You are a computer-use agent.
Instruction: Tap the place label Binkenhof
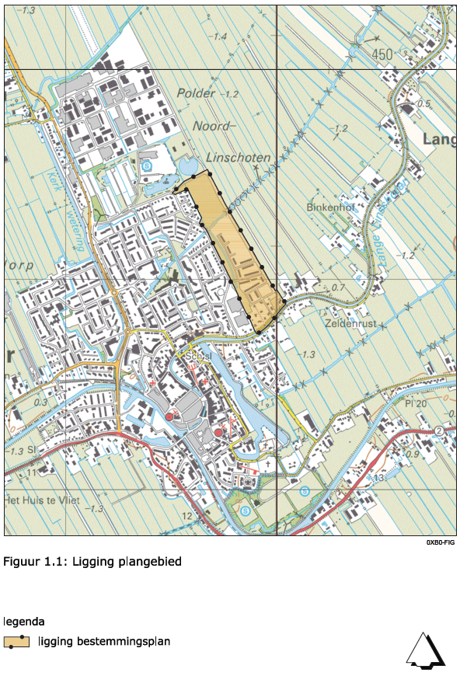[x=330, y=207]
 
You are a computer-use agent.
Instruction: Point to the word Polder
[x=195, y=93]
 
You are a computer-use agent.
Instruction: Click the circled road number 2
[x=439, y=430]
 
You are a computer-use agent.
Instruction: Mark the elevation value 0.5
[x=423, y=103]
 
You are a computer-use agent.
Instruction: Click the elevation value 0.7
[x=338, y=287]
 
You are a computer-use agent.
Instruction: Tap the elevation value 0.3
[x=40, y=403]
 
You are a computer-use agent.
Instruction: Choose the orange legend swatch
[x=16, y=642]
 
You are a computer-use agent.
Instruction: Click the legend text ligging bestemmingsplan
[x=103, y=641]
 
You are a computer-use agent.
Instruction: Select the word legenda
[x=23, y=622]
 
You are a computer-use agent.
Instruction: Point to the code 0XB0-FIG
[x=439, y=542]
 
